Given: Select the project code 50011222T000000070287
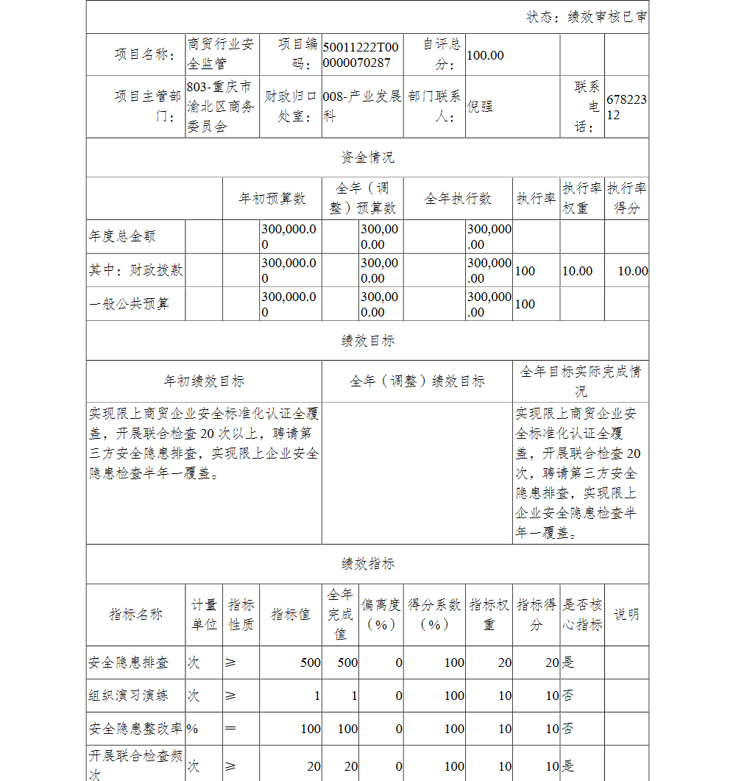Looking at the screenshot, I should [361, 55].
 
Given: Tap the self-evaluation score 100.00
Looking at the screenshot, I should [486, 55].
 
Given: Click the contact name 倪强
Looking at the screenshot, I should [480, 106].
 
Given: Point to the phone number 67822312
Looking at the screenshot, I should [626, 107].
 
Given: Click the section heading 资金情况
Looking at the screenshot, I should [367, 158].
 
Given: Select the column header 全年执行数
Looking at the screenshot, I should [458, 199].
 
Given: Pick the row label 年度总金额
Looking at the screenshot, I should [122, 237].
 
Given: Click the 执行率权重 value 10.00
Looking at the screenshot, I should [577, 271].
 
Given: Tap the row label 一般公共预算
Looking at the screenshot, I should [129, 304].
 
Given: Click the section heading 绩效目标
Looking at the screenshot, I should [367, 341].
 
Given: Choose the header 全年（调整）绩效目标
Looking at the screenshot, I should [417, 381].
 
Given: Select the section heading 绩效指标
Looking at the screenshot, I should [367, 565].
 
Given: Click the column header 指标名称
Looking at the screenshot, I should [135, 615].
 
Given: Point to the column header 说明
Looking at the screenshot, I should [626, 615].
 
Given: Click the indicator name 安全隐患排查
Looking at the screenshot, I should [129, 662].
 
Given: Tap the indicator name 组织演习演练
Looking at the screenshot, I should [129, 696].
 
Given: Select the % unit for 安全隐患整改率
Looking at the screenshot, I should [193, 729].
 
